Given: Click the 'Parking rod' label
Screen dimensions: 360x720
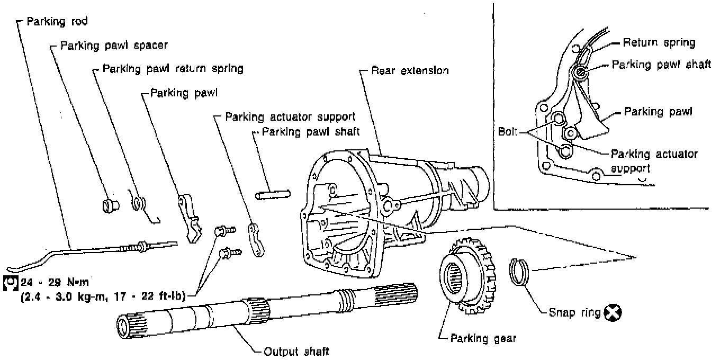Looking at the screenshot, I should [57, 22].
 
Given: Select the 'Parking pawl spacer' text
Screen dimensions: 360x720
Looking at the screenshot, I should [114, 46].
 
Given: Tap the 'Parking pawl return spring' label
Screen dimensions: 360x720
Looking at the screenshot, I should [173, 69].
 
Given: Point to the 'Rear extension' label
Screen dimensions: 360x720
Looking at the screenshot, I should [410, 70].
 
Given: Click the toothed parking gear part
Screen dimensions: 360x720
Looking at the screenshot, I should [469, 275].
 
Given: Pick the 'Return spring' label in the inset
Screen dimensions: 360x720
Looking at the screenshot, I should [659, 42].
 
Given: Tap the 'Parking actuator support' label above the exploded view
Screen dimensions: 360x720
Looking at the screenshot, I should [290, 116].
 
